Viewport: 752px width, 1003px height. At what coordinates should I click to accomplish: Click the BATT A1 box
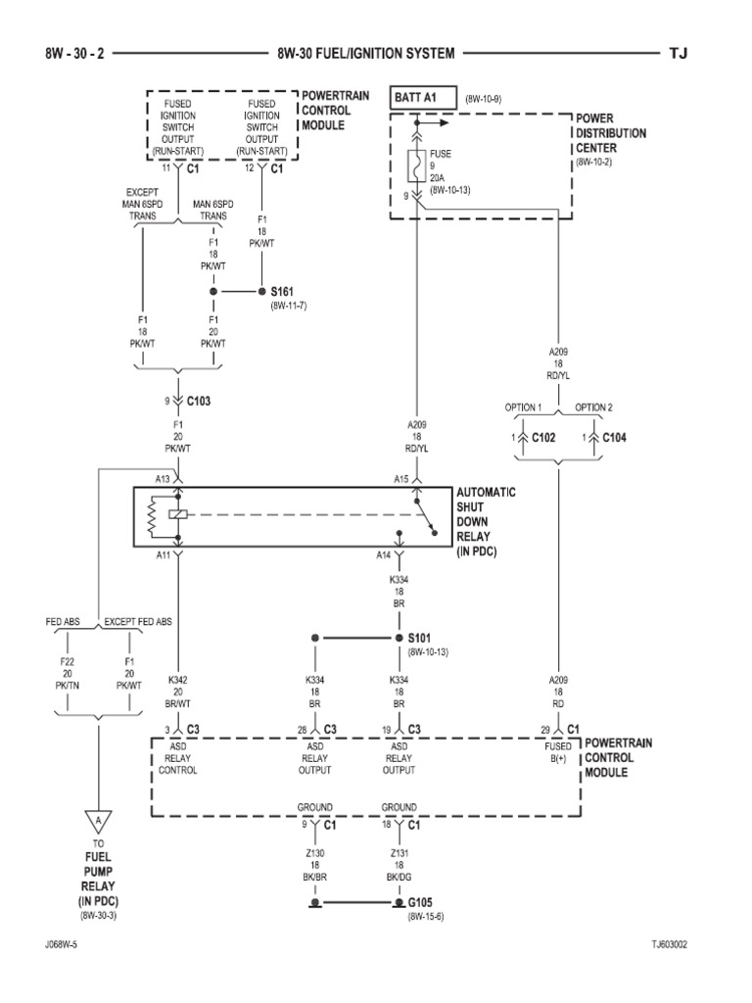422,98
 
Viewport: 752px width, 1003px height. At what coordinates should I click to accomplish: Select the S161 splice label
282,292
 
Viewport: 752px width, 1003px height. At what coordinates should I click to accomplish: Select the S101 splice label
420,638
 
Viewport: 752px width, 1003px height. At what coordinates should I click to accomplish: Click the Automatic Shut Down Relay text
486,522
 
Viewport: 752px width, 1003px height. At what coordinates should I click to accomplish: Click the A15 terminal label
400,479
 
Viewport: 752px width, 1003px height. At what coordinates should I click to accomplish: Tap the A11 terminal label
164,554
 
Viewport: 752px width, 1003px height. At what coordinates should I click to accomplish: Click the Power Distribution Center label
611,132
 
